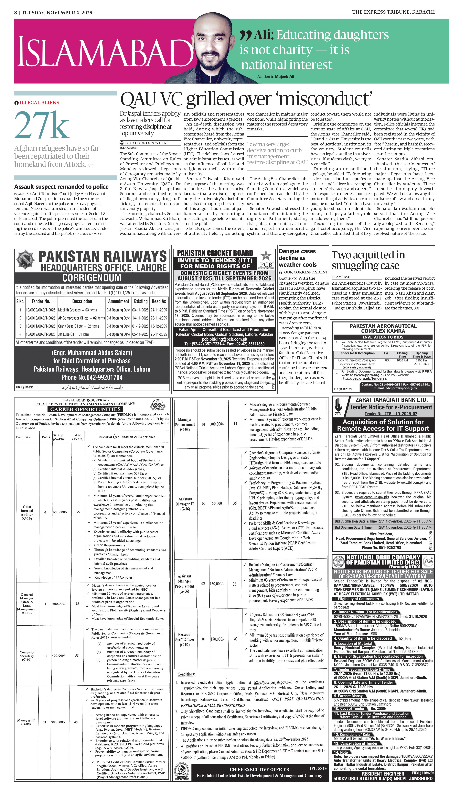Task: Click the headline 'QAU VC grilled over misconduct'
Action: point(246,99)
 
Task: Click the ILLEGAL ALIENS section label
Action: point(39,103)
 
